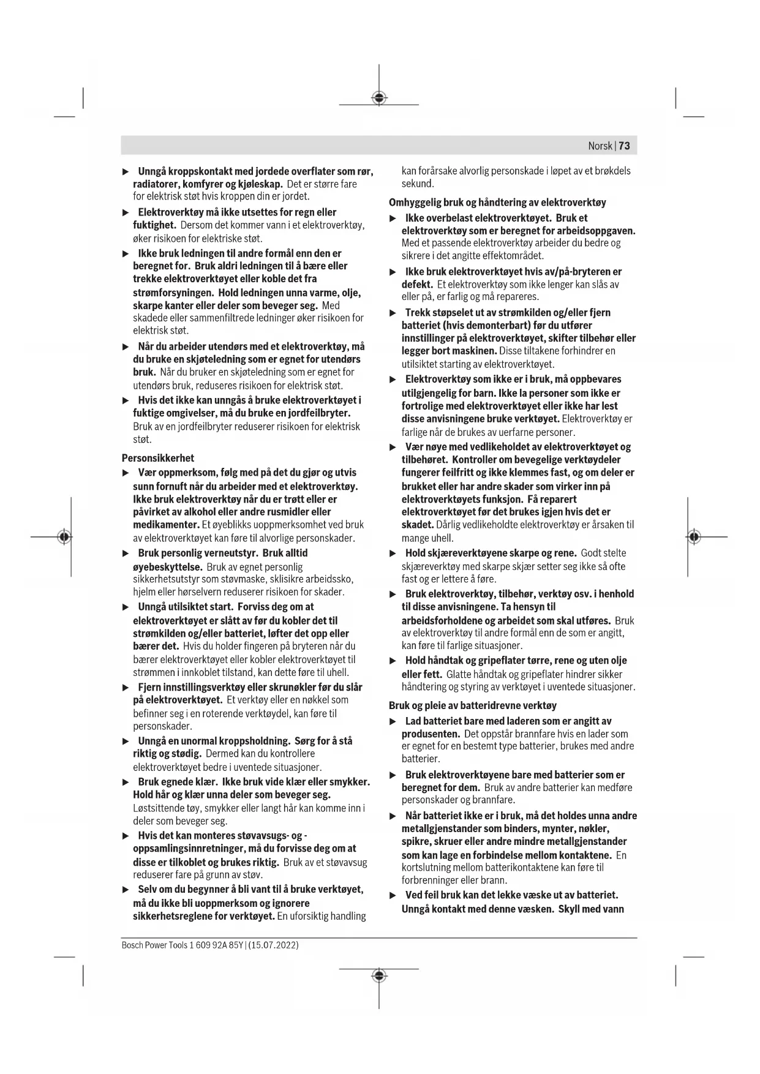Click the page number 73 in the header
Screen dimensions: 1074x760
625,146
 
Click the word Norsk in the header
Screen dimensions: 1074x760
600,146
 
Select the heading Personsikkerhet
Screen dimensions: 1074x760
158,457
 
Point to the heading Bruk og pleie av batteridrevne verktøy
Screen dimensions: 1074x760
473,705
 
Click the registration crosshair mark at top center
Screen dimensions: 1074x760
379,98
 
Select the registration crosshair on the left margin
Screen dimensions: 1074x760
64,537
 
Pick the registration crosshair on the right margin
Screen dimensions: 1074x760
693,537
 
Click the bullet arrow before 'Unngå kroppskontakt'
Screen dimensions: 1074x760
126,171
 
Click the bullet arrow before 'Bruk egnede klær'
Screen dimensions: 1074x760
126,782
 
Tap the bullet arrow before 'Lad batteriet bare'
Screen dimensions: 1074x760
393,721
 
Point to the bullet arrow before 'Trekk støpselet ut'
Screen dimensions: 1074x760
393,313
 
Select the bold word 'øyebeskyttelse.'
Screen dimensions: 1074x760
167,567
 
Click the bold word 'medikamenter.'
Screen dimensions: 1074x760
166,525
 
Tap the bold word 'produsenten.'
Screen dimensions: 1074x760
431,734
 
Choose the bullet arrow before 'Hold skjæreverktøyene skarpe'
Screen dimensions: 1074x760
393,554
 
